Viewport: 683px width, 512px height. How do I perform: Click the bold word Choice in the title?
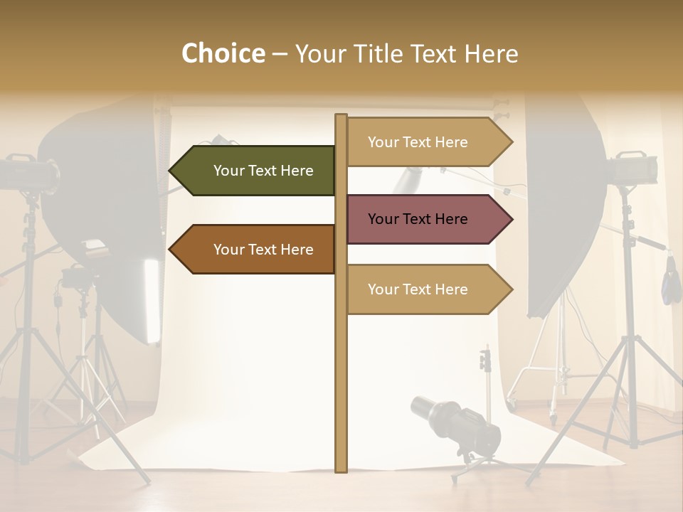pyautogui.click(x=223, y=53)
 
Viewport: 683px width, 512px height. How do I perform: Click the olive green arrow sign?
pyautogui.click(x=253, y=171)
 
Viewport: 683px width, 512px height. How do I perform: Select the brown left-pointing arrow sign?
pyautogui.click(x=253, y=250)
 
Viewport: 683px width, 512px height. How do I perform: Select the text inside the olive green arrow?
pyautogui.click(x=263, y=171)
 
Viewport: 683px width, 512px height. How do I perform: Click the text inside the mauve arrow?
pyautogui.click(x=418, y=219)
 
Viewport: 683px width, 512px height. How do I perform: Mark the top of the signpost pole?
pyautogui.click(x=341, y=117)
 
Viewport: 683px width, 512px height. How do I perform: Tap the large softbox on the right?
pyautogui.click(x=562, y=206)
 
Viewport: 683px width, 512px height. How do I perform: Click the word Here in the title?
pyautogui.click(x=491, y=53)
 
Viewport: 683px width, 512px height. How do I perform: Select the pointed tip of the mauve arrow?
pyautogui.click(x=511, y=219)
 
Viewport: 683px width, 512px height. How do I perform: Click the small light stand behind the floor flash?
pyautogui.click(x=487, y=377)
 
